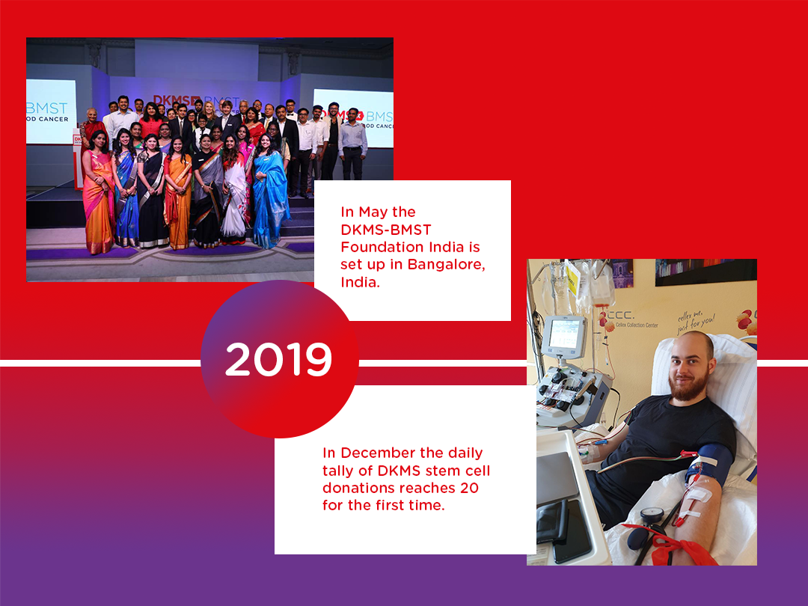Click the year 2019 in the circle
click(x=278, y=361)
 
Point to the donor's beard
click(x=684, y=388)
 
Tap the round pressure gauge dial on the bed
click(x=653, y=515)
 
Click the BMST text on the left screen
click(x=48, y=108)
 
